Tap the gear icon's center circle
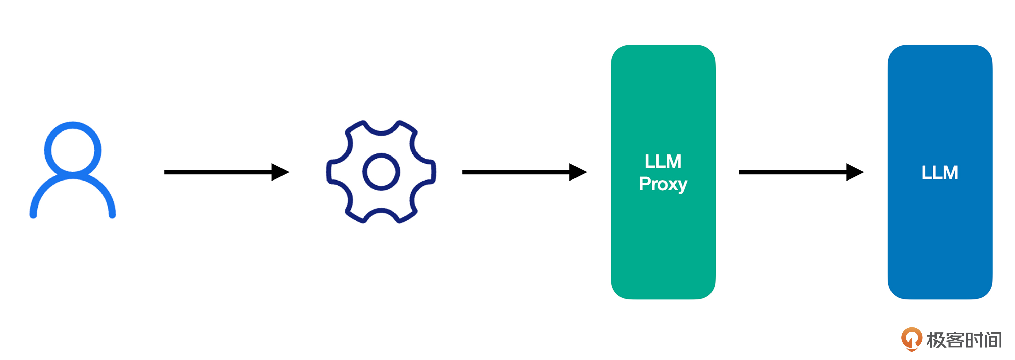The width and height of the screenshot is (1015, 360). click(381, 172)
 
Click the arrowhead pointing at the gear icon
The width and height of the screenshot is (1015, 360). click(280, 172)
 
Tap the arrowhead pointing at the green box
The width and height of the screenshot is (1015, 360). click(578, 172)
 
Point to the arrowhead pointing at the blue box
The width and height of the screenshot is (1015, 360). click(855, 172)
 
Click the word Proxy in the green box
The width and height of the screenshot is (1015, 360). click(663, 184)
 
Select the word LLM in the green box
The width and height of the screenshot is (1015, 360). click(663, 162)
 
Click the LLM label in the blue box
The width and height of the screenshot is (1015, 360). click(940, 172)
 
